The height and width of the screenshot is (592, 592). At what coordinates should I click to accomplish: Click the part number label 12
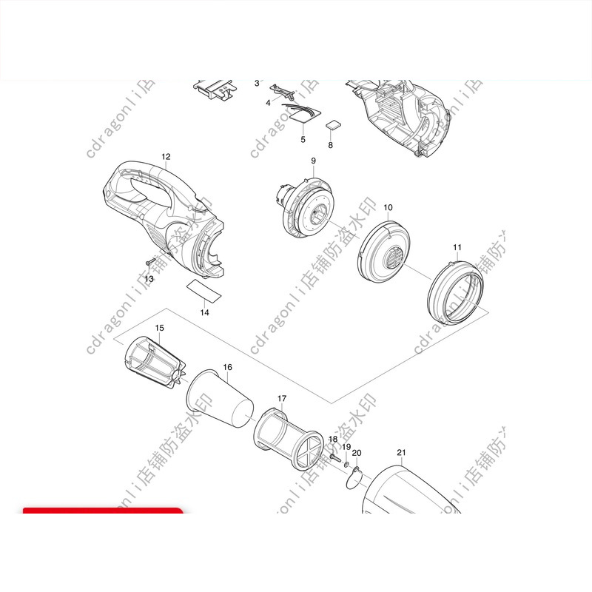tap(166, 157)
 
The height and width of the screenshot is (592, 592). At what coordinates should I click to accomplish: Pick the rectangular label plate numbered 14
tap(204, 291)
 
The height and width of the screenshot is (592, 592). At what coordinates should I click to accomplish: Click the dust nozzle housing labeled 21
tap(414, 492)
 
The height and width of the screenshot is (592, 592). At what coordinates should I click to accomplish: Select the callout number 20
tap(357, 453)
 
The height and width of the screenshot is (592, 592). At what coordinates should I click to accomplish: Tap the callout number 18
tap(333, 440)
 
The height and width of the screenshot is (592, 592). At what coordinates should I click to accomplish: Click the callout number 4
tap(268, 102)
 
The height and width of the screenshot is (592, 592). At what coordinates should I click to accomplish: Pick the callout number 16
tap(227, 367)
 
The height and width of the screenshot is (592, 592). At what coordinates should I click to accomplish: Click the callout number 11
tap(457, 246)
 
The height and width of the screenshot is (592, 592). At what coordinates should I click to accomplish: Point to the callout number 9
tap(313, 161)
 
